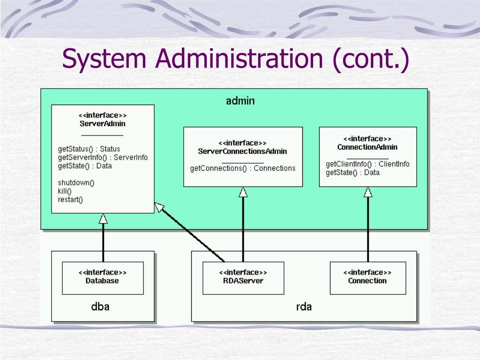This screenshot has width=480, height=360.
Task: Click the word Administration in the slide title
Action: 239,58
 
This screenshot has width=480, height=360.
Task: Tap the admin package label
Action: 240,101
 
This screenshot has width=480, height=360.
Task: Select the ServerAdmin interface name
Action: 102,124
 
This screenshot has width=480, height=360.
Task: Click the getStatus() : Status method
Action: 89,149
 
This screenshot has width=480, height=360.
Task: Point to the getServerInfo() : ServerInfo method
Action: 103,157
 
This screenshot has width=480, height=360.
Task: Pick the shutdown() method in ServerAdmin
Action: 76,183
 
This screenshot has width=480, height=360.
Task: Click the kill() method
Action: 65,191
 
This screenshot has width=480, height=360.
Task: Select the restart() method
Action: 70,200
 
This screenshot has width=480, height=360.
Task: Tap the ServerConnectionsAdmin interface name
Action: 242,151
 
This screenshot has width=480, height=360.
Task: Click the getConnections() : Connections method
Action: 243,168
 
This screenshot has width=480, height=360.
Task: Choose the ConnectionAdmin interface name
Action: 367,147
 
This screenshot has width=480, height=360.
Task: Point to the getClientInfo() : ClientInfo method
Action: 367,164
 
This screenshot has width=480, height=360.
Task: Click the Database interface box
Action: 103,278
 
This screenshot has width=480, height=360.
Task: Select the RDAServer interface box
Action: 243,278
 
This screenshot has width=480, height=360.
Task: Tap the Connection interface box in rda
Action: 368,278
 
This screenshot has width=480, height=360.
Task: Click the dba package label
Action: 100,307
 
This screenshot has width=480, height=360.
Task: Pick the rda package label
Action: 304,307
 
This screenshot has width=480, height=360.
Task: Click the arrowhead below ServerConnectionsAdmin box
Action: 243,192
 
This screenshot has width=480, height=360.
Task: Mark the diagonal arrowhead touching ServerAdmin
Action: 159,207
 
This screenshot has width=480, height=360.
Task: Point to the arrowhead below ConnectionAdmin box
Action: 368,192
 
